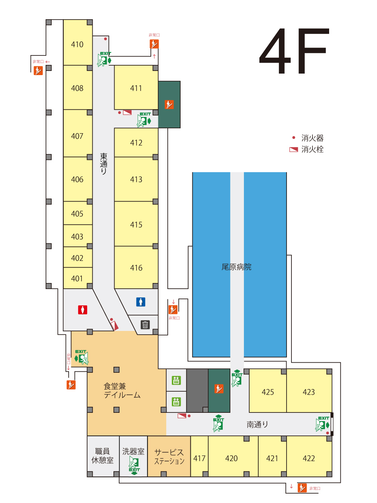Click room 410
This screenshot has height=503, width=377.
pos(78,42)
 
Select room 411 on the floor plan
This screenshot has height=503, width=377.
pos(136,87)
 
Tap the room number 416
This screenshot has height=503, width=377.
pos(136,268)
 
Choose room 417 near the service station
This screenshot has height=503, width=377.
pos(199,456)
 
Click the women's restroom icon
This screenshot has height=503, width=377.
pos(83,310)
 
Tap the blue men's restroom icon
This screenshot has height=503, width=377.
pos(141,302)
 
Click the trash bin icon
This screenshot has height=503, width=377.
pos(145,325)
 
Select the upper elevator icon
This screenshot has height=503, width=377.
pos(176,380)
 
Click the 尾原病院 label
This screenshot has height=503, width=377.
pos(236,267)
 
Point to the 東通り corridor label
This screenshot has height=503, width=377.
pos(103,164)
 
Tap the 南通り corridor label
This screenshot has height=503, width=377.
pos(257,425)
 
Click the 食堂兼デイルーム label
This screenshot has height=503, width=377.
pos(122,391)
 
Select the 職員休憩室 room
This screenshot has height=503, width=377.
pos(103,456)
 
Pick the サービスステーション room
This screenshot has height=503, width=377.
pos(169,456)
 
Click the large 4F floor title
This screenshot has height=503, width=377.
pos(294,51)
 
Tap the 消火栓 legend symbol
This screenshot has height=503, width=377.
pos(294,149)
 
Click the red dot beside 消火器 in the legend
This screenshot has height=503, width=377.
pos(294,137)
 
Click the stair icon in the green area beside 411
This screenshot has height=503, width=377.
pos(169,105)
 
